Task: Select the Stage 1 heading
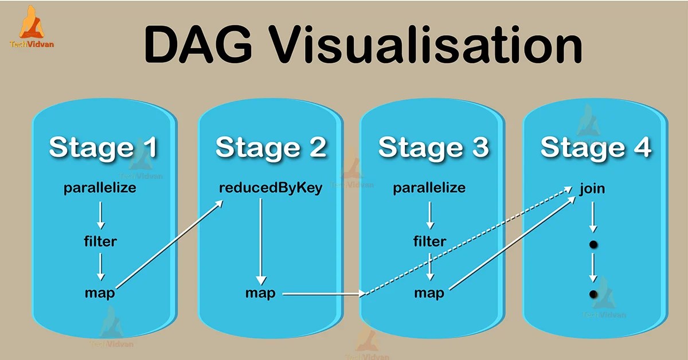point(103,147)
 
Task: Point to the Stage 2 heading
point(271,147)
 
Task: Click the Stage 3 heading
point(433,147)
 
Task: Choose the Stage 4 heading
point(596,147)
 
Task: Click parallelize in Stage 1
point(100,188)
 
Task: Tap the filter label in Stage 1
point(100,241)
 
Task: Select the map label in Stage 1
point(100,293)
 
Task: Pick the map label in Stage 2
point(260,293)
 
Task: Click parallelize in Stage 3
point(429,188)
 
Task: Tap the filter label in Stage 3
point(429,241)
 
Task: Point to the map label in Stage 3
point(429,293)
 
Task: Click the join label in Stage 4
point(592,188)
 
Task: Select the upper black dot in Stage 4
point(593,245)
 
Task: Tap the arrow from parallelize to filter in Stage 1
point(100,215)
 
